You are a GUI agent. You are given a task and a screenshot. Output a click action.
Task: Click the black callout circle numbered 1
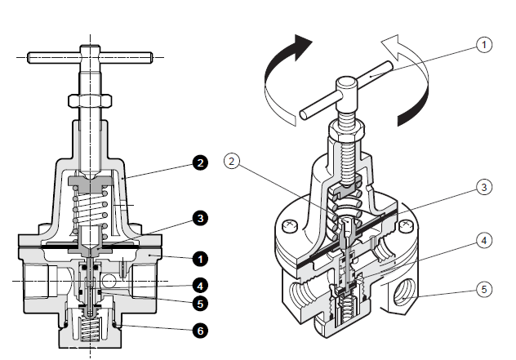click(200, 259)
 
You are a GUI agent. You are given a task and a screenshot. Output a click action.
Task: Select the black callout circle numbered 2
click(200, 162)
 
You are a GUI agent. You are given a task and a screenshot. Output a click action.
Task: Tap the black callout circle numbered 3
click(200, 218)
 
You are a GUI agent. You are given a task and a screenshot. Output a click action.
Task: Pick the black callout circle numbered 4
click(200, 286)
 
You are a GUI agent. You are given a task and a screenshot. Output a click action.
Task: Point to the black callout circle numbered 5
click(200, 304)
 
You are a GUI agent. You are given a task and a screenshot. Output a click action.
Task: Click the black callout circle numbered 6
click(200, 331)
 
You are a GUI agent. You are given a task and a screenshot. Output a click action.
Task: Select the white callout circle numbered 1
click(484, 44)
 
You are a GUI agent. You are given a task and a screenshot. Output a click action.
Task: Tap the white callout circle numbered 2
click(232, 162)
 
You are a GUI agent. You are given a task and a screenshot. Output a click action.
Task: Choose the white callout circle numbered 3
click(484, 187)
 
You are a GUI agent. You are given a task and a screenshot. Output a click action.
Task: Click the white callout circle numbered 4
click(484, 241)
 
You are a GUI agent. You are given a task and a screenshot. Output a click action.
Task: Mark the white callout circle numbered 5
click(484, 290)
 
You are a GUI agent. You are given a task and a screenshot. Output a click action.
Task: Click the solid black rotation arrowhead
click(302, 46)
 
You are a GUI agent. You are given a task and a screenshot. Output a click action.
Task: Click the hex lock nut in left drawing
click(90, 100)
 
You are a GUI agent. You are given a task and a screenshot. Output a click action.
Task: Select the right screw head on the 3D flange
click(406, 226)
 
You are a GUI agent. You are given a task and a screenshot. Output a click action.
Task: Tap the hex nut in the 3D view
click(346, 128)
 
